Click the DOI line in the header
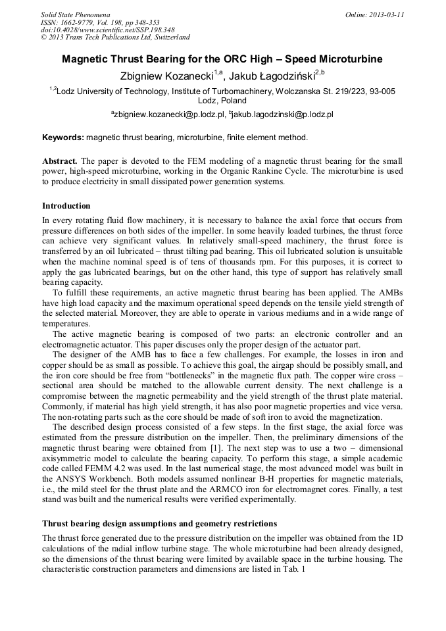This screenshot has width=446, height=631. pyautogui.click(x=108, y=30)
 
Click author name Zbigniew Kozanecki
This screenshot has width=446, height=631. pyautogui.click(x=166, y=77)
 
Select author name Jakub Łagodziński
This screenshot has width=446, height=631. pyautogui.click(x=272, y=77)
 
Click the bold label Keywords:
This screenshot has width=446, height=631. pyautogui.click(x=63, y=138)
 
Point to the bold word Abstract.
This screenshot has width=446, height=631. pyautogui.click(x=60, y=161)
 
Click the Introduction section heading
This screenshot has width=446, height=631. pyautogui.click(x=66, y=206)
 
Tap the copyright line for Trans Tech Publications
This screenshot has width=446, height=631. pyautogui.click(x=115, y=38)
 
